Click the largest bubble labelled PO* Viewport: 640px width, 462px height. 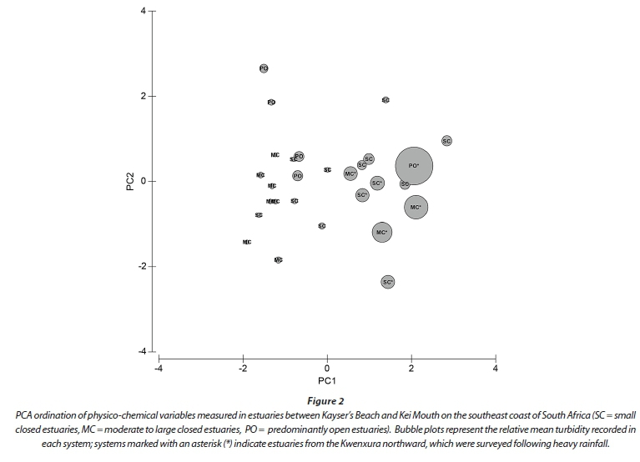point(414,166)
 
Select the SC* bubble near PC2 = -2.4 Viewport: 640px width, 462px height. point(387,283)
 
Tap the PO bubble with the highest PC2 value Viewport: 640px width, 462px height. point(264,68)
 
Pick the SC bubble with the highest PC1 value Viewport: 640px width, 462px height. point(446,141)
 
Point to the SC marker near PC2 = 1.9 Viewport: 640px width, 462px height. point(386,100)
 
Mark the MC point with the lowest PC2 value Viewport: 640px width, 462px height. point(278,260)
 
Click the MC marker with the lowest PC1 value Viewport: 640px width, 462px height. point(247,242)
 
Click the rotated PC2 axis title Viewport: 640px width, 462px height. point(130,181)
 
